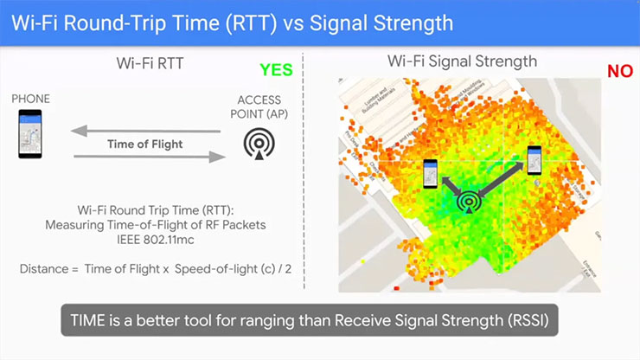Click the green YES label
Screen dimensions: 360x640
(x=276, y=70)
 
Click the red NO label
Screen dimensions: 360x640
(x=619, y=71)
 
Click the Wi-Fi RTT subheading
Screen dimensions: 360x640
(x=152, y=62)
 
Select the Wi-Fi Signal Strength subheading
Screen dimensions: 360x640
(x=462, y=61)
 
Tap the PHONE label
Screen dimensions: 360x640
(x=30, y=100)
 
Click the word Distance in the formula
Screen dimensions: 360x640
(x=44, y=269)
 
